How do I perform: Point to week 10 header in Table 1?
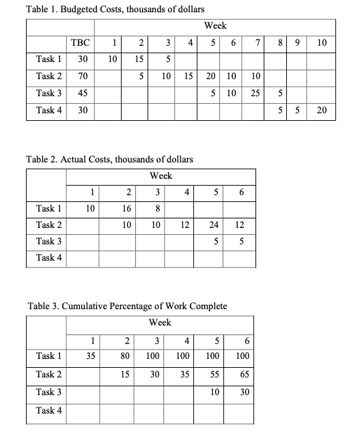322,43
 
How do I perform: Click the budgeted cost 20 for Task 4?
322,110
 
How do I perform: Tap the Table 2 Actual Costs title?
109,160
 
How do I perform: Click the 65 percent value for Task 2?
245,374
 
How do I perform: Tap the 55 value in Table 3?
216,374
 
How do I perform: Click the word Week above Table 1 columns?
216,27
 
